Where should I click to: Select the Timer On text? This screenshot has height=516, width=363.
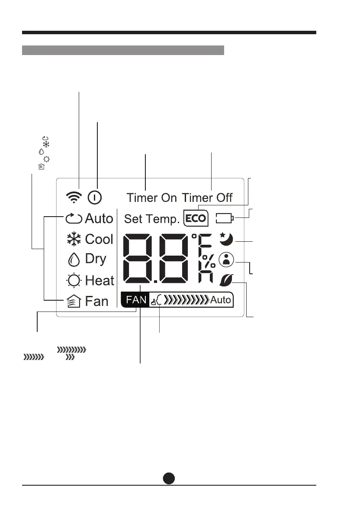point(151,198)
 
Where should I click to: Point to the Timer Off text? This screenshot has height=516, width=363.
point(207,198)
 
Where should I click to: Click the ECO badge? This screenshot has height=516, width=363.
point(196,218)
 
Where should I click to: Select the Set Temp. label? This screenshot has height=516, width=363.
point(151,219)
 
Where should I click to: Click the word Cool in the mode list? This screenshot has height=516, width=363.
point(99,239)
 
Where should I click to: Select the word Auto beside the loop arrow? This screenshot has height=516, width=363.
point(99,218)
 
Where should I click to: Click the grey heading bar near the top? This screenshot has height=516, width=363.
point(123,50)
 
